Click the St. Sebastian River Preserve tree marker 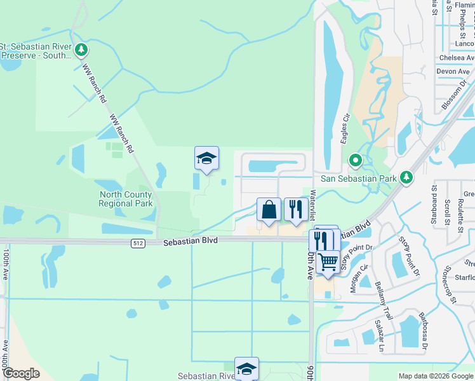81,50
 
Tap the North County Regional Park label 126,199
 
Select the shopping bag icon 269,210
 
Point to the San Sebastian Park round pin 356,161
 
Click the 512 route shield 138,243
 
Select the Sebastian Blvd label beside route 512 191,242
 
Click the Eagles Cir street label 346,129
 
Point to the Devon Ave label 452,71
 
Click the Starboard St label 436,197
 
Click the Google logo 21,373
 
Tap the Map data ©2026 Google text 435,376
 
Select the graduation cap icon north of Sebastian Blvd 206,158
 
